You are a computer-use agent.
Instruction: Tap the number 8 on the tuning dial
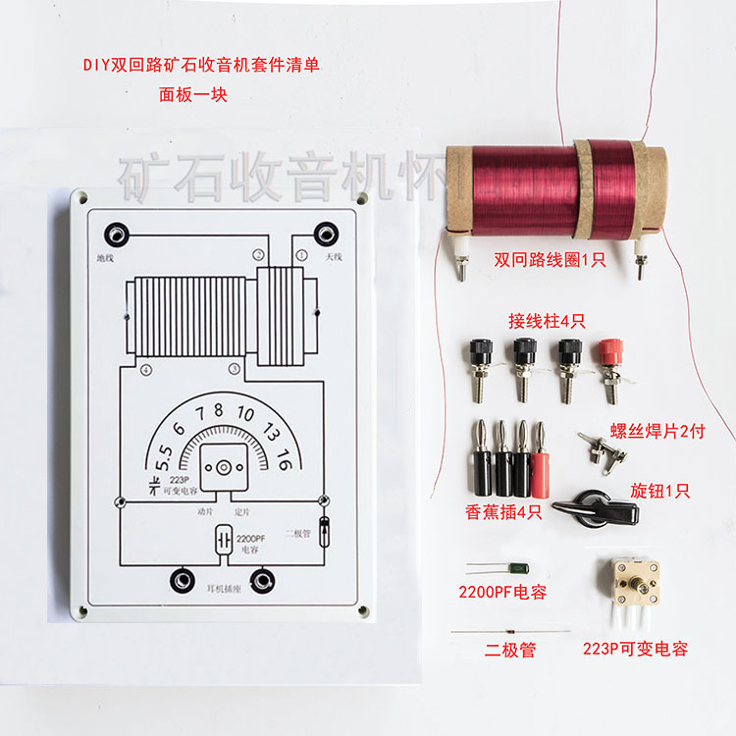click(218, 410)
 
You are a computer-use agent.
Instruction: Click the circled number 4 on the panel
click(145, 370)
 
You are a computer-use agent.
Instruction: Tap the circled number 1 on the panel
click(301, 254)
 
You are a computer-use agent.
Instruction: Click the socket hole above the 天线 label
click(324, 235)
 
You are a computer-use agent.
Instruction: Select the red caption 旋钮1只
click(661, 491)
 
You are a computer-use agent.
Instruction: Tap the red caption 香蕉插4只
click(502, 512)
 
